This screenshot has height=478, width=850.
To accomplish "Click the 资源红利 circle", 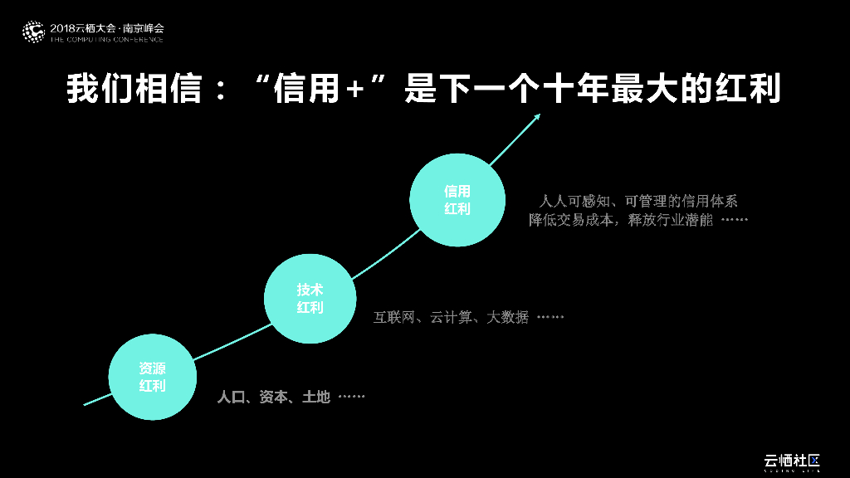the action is coord(153,377).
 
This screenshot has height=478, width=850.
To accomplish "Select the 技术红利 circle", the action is coord(310,299).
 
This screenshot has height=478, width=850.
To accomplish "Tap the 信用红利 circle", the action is coord(457,200).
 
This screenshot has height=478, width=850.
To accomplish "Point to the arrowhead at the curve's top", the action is coord(538,117).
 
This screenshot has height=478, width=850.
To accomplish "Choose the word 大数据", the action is coord(507,317).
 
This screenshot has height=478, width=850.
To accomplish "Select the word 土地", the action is coord(316,398).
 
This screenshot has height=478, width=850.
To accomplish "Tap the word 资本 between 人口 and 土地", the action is coord(273,398).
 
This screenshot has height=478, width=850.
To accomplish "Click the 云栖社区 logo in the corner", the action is coord(792,461).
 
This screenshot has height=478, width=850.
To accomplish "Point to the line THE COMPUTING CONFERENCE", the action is coord(107,39).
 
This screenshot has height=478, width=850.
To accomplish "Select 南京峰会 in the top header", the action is coord(144,27).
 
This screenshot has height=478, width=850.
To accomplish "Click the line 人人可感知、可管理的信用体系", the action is coord(638,201).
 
